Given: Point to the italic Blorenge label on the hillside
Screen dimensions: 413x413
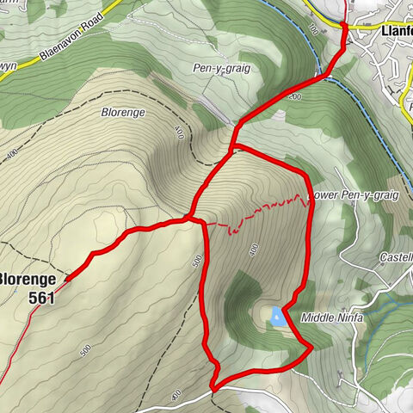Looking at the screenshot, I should (x=124, y=112).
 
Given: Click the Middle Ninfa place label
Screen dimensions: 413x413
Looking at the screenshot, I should (x=333, y=317).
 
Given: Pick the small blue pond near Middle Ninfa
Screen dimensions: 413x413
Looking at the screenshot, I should (x=276, y=317).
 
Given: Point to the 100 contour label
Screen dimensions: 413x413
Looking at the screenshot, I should (x=313, y=30).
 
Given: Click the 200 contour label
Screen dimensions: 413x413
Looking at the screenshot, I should (x=295, y=98).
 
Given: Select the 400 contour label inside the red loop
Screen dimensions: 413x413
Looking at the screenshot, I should (x=254, y=250).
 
